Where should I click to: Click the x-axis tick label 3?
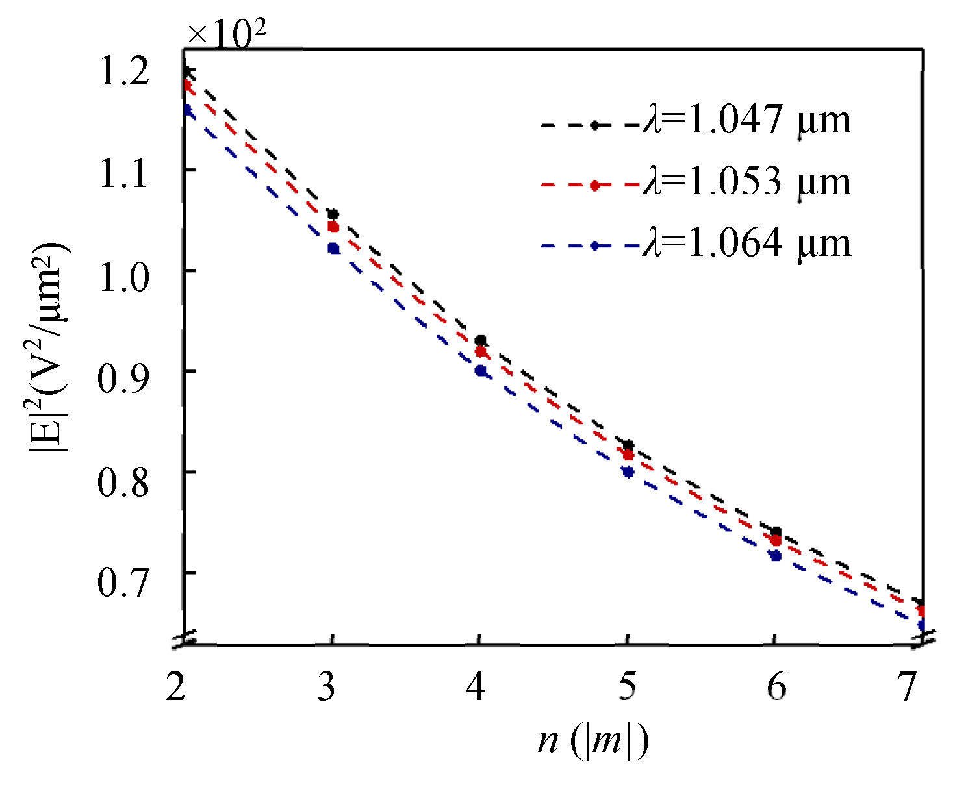[327, 686]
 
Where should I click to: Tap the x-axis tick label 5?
[627, 686]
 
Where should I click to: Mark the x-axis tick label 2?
[176, 686]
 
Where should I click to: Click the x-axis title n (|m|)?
[592, 741]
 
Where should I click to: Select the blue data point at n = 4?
[481, 371]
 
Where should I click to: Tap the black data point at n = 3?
[333, 214]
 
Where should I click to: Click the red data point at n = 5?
[628, 455]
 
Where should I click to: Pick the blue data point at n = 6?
[775, 555]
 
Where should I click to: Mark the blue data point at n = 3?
[333, 248]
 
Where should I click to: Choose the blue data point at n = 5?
[628, 472]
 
